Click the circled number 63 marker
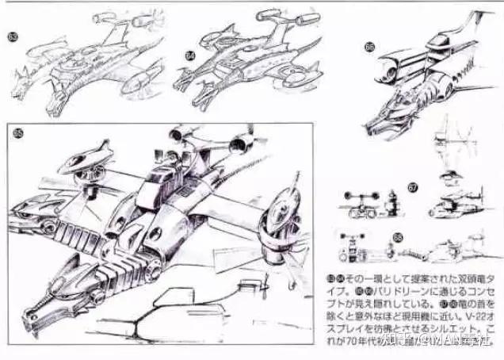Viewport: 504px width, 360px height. (x=12, y=36)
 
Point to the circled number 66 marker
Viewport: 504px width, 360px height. (x=369, y=47)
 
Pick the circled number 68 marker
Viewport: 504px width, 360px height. (x=397, y=236)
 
